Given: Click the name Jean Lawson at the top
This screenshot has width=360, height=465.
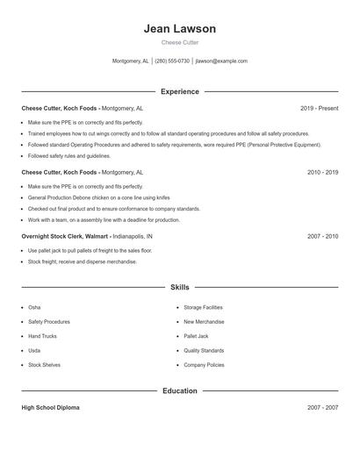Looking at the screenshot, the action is click(x=180, y=29).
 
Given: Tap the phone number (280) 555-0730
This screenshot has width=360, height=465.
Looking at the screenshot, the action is click(x=172, y=61).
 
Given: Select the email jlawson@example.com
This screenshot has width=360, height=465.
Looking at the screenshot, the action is click(x=221, y=61).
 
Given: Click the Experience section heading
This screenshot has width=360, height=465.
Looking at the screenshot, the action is click(x=180, y=91).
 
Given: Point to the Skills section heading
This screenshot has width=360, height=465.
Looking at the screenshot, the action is click(x=180, y=287).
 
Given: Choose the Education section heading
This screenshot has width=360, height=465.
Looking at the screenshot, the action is click(x=180, y=390).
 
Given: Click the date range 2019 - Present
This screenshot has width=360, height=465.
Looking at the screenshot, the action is click(x=319, y=108).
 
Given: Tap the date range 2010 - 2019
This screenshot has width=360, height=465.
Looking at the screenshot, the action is click(x=322, y=173).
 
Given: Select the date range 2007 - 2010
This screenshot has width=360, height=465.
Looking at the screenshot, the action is click(x=322, y=237).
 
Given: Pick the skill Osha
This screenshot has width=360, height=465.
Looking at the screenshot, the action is click(x=34, y=308).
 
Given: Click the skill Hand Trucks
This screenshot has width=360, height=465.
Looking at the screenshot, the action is click(x=42, y=336).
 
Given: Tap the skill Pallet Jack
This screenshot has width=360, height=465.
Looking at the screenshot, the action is click(x=196, y=336).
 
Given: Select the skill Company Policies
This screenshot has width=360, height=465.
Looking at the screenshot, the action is click(x=204, y=364).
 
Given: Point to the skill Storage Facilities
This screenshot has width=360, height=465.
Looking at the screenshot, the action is click(x=203, y=308).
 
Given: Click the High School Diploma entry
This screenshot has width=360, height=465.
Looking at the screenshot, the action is click(x=52, y=408).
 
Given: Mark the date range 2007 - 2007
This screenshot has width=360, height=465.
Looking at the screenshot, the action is click(x=322, y=408).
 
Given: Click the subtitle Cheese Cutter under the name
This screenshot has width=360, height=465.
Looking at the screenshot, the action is click(x=180, y=43).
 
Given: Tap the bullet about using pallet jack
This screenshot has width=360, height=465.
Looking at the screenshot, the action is click(x=90, y=251).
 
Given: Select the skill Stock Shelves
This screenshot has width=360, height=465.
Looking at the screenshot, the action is click(x=44, y=364).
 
